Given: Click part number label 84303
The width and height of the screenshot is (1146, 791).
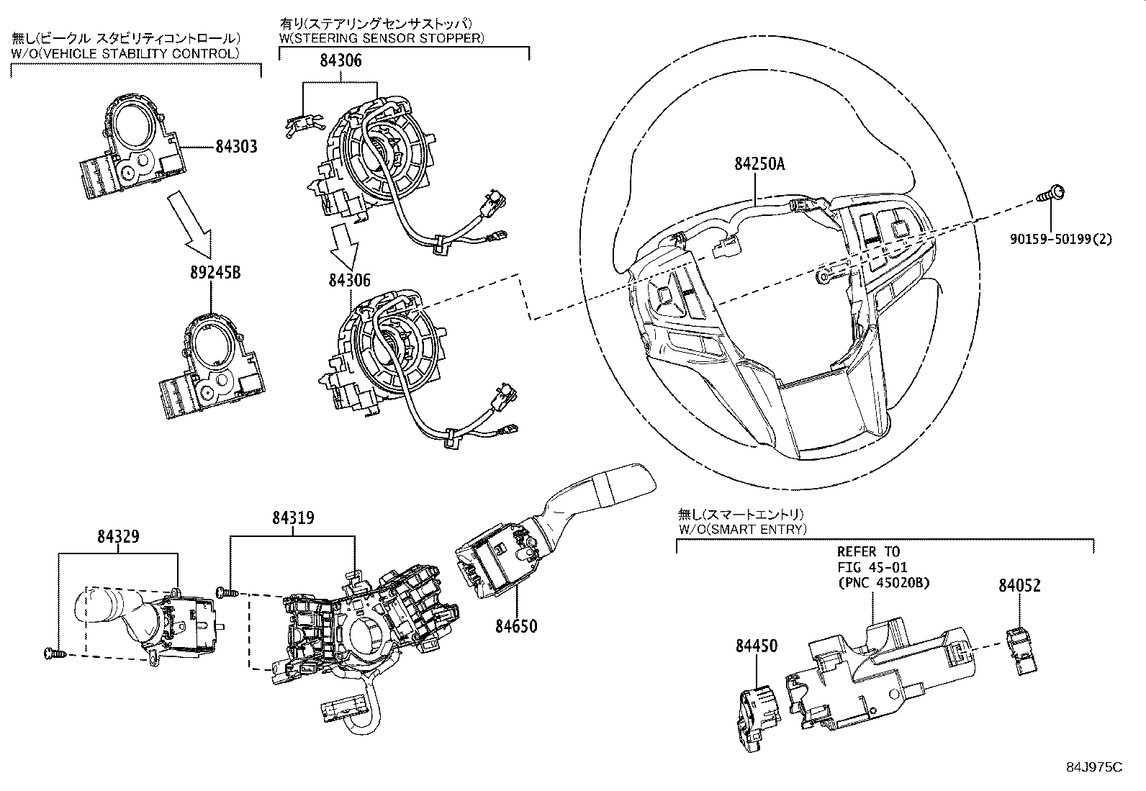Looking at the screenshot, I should click(x=236, y=147).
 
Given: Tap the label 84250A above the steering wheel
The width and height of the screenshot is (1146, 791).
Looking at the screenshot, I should click(x=759, y=165).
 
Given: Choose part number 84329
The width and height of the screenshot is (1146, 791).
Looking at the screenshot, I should click(x=119, y=537).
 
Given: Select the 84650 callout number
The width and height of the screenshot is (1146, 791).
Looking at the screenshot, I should click(x=515, y=626).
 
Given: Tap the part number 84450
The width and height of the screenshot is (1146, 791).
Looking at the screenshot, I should click(x=757, y=646).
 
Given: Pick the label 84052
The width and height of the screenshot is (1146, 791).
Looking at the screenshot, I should click(x=1019, y=585).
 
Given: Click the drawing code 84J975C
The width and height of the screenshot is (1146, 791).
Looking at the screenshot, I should click(x=1094, y=767).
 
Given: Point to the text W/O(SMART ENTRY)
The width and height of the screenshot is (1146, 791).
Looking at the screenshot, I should click(x=742, y=529).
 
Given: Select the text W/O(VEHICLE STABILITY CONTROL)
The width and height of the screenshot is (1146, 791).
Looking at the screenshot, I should click(x=125, y=54).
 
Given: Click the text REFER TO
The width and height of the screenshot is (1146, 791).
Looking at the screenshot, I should click(x=868, y=552).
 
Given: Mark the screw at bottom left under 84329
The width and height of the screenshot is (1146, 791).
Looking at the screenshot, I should click(x=52, y=654).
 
